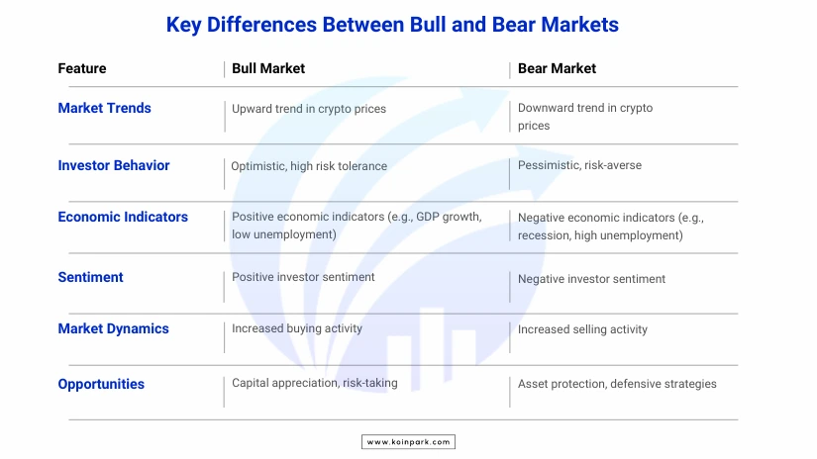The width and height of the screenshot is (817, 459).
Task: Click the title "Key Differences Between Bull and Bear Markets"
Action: (392, 25)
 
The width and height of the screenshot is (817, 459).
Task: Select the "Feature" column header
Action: (82, 68)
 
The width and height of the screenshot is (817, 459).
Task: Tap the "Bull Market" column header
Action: (268, 68)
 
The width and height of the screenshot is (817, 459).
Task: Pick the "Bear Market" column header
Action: (557, 68)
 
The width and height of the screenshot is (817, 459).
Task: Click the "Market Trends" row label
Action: (104, 108)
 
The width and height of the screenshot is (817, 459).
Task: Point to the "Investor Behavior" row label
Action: (114, 165)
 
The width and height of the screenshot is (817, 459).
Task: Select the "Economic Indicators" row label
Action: (123, 217)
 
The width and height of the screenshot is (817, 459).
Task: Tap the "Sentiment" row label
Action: (90, 277)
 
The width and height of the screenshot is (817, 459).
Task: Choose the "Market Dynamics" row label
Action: (113, 328)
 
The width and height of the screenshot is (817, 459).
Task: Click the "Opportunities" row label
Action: (101, 384)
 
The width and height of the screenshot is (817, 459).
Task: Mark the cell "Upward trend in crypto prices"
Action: (309, 109)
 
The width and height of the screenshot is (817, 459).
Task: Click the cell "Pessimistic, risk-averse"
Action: (579, 165)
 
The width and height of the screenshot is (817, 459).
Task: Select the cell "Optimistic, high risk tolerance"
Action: (309, 166)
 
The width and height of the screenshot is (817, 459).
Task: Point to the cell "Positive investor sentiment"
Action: (303, 277)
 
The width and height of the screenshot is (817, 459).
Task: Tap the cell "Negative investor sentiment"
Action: (591, 279)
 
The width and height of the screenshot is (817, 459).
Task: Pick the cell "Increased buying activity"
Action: (297, 328)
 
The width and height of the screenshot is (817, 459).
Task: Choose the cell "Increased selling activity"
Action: (582, 329)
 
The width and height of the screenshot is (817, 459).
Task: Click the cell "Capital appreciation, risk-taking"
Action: (315, 383)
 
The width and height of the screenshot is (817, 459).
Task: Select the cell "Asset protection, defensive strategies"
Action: (617, 384)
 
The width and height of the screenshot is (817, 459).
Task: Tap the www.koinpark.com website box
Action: (408, 442)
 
